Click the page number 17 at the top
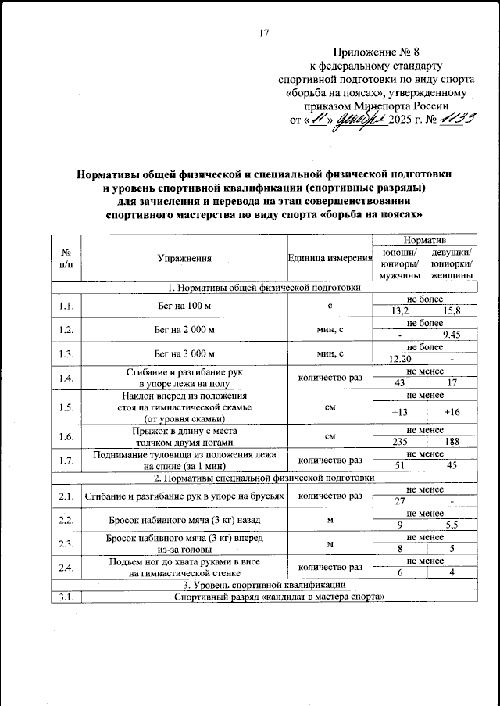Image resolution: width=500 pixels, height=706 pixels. (x=262, y=33)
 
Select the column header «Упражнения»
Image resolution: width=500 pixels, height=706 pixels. (x=184, y=257)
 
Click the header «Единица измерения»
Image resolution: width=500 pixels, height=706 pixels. (x=329, y=258)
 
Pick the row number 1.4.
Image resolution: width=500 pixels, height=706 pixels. (x=66, y=378)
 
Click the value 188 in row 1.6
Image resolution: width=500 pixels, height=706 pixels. (x=451, y=441)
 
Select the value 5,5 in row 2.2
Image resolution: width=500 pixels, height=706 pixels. (x=451, y=525)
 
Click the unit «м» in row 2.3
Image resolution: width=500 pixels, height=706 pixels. (x=329, y=544)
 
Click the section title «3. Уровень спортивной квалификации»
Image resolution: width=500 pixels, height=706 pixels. (x=262, y=585)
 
